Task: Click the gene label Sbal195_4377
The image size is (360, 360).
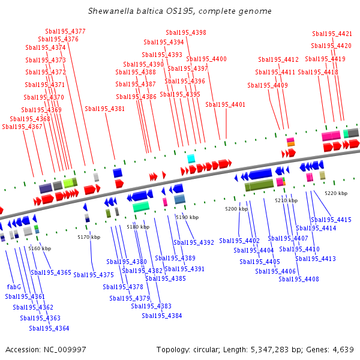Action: (65, 31)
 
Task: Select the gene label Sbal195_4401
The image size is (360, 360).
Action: (226, 104)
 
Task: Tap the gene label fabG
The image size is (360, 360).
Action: (14, 287)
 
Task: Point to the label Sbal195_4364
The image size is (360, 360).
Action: (49, 328)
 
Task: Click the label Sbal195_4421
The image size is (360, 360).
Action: (332, 34)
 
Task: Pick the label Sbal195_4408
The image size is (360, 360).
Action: (299, 279)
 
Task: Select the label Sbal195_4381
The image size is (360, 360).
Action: (105, 109)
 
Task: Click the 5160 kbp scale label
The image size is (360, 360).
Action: (40, 248)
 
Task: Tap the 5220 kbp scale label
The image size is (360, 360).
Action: (336, 193)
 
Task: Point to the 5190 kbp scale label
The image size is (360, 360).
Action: (187, 217)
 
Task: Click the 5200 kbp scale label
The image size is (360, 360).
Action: (236, 209)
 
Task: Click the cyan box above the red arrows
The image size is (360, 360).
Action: (191, 158)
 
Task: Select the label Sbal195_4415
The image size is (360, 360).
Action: (332, 220)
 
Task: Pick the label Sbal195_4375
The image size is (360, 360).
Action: (94, 275)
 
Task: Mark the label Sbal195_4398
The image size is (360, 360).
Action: (186, 32)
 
